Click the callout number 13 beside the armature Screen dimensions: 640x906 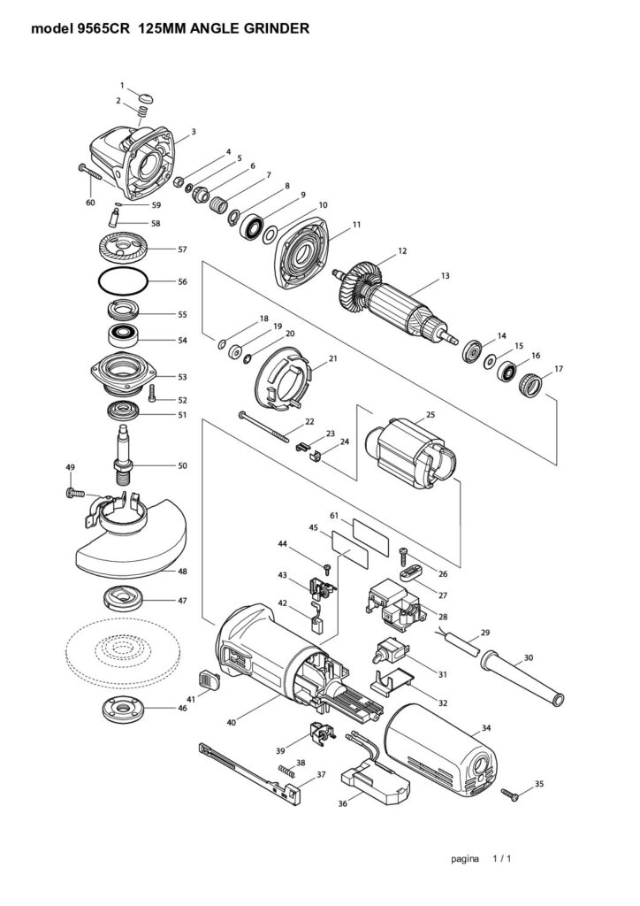tap(445, 276)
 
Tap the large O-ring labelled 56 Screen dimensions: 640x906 tap(123, 269)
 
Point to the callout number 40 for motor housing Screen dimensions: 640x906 tap(232, 722)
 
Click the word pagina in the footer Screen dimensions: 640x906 tap(465, 858)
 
